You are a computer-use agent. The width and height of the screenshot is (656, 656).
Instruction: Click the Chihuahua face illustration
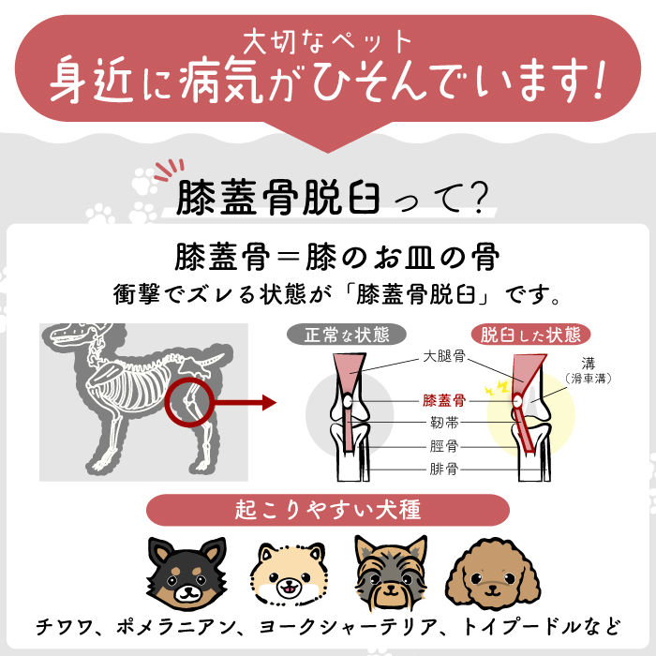187,573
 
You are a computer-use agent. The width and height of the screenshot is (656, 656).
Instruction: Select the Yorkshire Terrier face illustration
391,573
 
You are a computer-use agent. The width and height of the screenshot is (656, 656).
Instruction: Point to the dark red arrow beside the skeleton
246,403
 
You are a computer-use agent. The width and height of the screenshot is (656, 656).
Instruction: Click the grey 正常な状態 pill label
347,335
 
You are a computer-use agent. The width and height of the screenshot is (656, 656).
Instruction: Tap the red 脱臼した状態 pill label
530,335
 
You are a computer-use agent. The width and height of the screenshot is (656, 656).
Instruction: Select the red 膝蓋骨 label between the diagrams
444,400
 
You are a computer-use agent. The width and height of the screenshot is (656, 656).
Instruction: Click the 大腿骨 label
444,356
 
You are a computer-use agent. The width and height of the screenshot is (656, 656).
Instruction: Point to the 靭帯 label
444,423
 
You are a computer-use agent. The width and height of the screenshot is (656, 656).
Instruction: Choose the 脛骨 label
444,446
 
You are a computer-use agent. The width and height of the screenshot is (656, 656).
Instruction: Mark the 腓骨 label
444,469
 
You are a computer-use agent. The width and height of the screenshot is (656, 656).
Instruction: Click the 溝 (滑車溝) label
589,371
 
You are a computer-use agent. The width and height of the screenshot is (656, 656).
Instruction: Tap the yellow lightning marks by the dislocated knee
497,388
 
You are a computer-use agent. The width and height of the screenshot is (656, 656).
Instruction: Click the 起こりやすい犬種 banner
328,510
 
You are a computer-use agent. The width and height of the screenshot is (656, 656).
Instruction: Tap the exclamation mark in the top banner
598,80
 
